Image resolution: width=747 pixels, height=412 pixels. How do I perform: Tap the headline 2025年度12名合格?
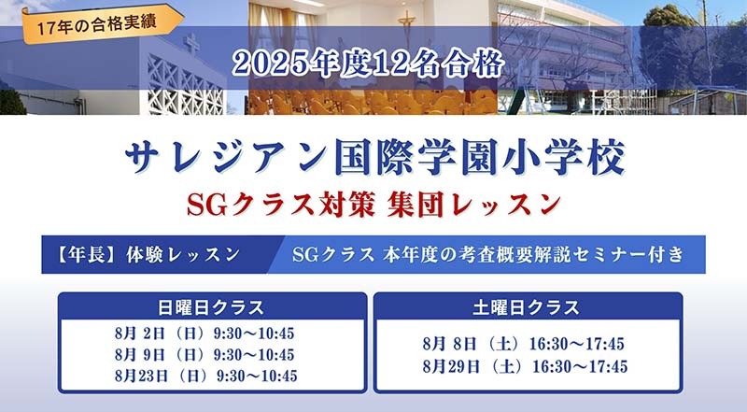[368, 64]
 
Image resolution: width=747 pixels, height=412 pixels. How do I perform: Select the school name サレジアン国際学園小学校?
[375, 158]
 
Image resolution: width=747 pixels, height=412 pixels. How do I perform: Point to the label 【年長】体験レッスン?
[148, 255]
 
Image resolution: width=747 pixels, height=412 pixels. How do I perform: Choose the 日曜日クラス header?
[211, 307]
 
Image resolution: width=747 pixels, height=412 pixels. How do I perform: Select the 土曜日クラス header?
[527, 307]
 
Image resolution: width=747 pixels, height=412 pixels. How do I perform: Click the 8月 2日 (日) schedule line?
[204, 334]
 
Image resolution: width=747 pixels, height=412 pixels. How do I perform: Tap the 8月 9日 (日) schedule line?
[204, 355]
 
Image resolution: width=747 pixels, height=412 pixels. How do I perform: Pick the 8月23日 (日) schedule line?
[205, 376]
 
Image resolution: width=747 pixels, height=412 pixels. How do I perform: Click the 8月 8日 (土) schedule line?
[523, 344]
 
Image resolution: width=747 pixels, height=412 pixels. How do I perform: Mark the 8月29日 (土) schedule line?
[525, 366]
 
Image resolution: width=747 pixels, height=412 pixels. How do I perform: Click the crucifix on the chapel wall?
[406, 28]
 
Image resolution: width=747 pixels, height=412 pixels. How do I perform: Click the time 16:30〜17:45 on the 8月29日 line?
[580, 366]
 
